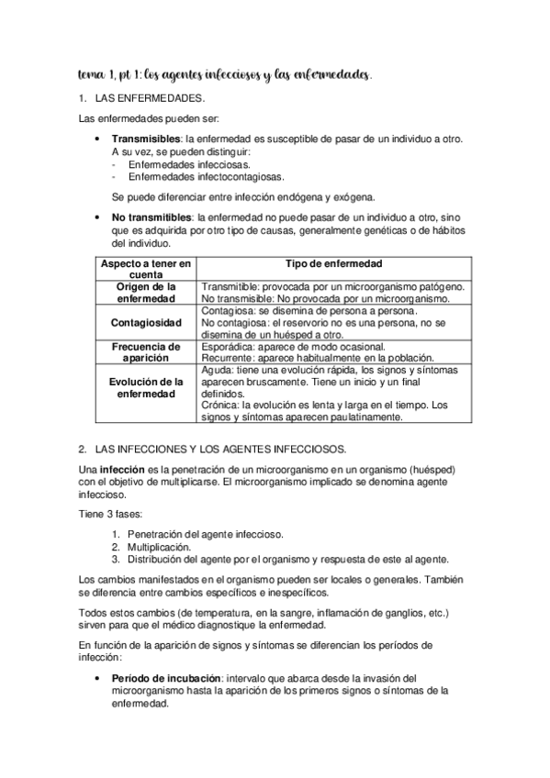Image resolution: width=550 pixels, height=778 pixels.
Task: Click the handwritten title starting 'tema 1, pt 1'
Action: pos(224,72)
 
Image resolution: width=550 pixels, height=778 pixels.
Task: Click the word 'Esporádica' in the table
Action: pos(227,347)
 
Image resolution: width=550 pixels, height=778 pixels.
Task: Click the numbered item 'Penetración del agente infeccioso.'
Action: pos(206,534)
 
